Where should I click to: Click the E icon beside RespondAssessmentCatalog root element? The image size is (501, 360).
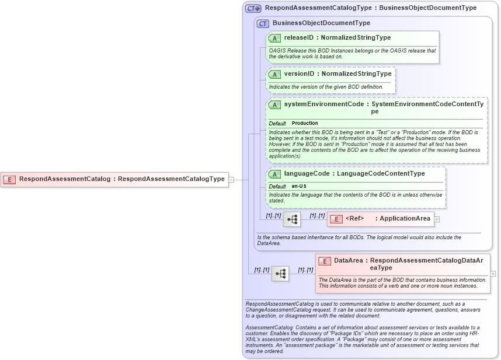click(x=9, y=180)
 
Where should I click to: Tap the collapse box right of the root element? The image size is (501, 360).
click(x=231, y=180)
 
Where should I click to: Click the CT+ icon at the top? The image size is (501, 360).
click(x=253, y=9)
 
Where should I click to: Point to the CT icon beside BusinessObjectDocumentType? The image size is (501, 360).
click(x=263, y=23)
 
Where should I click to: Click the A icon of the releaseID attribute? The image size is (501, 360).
click(x=274, y=39)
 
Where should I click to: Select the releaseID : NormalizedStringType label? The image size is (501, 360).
click(x=337, y=38)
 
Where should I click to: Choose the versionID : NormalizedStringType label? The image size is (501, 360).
click(x=338, y=74)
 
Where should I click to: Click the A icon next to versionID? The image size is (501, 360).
click(x=274, y=75)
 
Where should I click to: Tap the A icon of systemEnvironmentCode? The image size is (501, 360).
click(x=274, y=105)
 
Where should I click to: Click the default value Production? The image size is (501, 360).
click(x=305, y=124)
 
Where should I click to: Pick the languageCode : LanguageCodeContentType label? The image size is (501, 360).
click(x=354, y=174)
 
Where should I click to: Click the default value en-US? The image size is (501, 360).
click(x=300, y=186)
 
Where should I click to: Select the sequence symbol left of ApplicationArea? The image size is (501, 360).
click(x=292, y=219)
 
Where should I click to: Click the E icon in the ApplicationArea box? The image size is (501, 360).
click(x=336, y=219)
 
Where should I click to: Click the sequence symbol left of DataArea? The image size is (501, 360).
click(x=280, y=273)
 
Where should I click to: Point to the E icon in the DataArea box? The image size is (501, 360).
click(x=325, y=261)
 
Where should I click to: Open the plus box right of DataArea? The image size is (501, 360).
click(x=493, y=273)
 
